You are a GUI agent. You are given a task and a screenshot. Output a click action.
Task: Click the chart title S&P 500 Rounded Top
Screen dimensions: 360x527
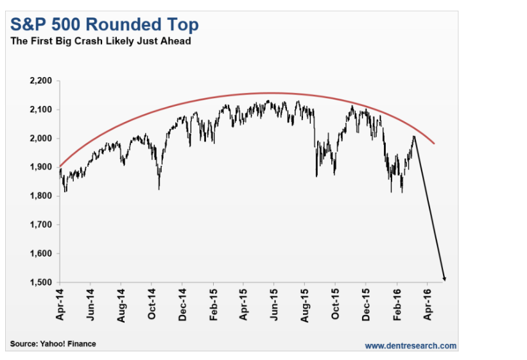[x=103, y=25]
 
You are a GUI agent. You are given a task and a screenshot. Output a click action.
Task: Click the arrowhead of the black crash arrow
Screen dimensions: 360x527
[x=444, y=279]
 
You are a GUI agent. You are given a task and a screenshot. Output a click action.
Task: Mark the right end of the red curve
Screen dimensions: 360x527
[x=435, y=143]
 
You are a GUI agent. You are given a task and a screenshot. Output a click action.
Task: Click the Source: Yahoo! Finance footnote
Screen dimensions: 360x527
[x=53, y=344]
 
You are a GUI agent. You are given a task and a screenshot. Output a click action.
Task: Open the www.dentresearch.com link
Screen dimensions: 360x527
[x=411, y=346]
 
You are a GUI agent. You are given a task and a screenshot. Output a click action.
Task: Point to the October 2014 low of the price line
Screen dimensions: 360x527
[x=159, y=189]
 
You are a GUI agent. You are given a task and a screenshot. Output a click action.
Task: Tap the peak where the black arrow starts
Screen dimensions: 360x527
[x=415, y=136]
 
